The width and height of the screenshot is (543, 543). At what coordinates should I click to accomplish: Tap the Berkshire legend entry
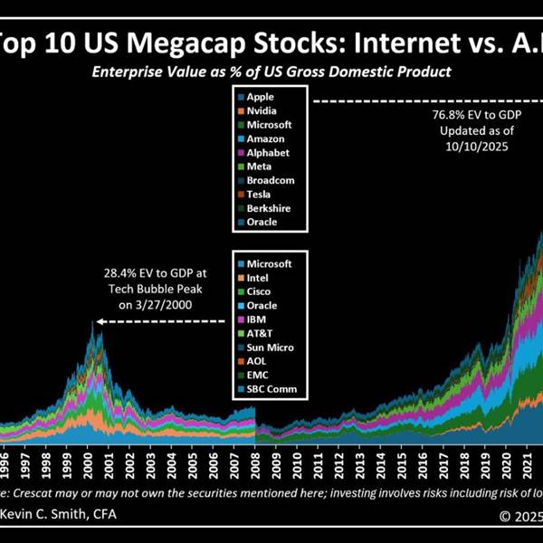point(266,207)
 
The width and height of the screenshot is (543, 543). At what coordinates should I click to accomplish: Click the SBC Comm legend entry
point(269,389)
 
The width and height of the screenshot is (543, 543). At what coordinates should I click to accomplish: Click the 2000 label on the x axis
point(90,458)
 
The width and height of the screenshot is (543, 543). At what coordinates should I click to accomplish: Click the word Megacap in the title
point(153,42)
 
